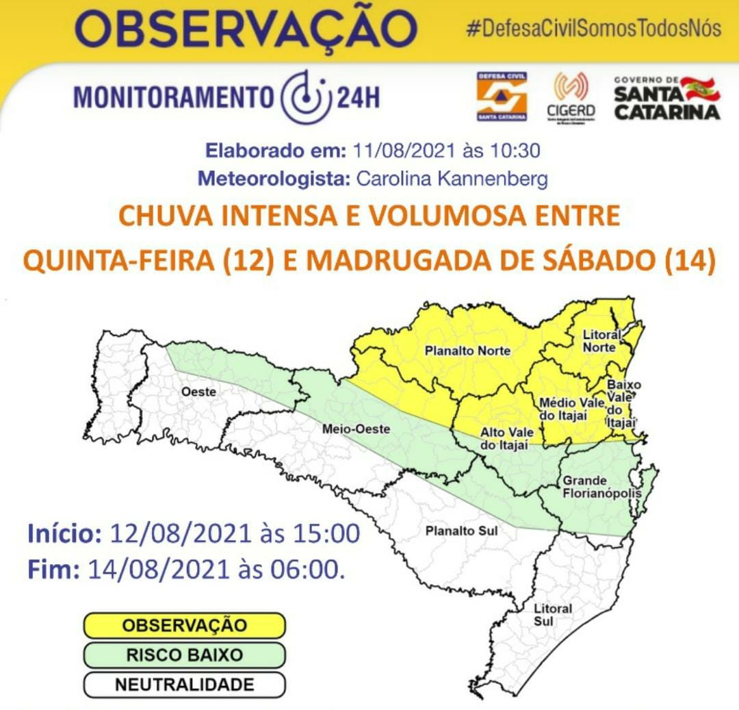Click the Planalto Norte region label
(x=467, y=351)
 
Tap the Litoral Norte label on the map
(x=601, y=341)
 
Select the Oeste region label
(x=199, y=392)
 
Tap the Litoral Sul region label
(x=553, y=615)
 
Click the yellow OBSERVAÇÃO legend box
(x=184, y=625)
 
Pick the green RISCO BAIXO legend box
(x=184, y=655)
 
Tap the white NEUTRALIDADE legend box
(x=184, y=685)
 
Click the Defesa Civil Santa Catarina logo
(x=502, y=97)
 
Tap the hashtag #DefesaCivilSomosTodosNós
(x=593, y=29)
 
